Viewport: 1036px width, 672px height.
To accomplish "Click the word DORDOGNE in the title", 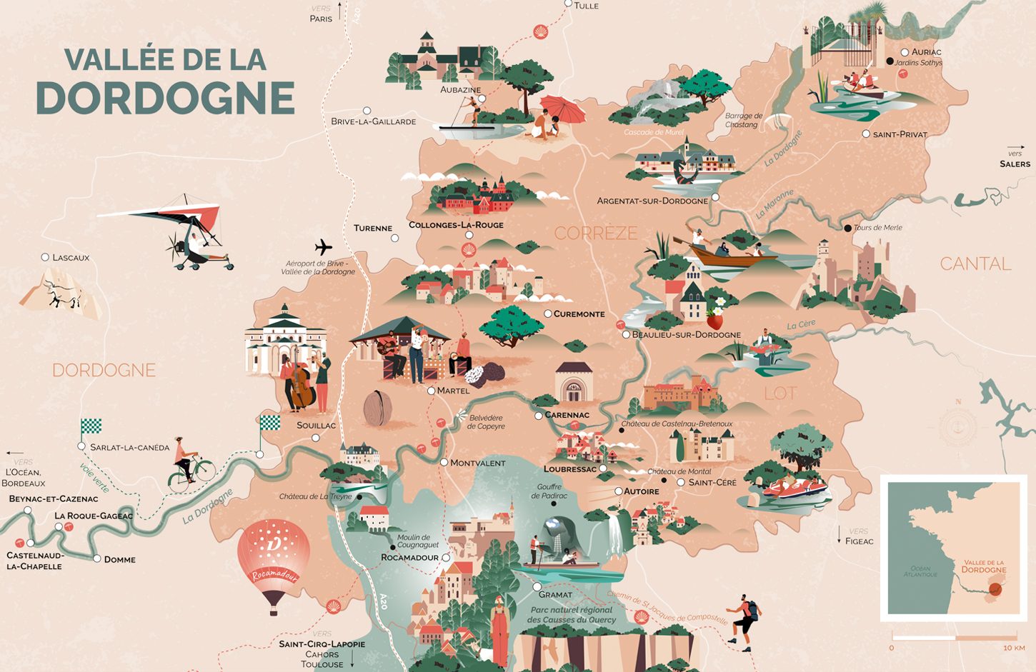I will coord(165,99).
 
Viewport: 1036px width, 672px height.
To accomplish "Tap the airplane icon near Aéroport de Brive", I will coord(323,247).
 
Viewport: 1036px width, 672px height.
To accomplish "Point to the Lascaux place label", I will coord(70,257).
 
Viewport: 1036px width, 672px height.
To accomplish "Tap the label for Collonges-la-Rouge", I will coord(456,225).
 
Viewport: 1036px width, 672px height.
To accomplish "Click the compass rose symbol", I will coord(957,427).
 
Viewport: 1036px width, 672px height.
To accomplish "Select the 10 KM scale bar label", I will coord(1014,648).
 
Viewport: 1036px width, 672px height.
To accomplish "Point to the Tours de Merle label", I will coord(877,228).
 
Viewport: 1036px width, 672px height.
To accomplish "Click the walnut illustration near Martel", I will coord(377,408).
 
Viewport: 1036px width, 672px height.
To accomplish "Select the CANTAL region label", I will coord(975,264).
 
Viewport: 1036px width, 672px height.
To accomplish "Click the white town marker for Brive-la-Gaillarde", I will coord(367,111).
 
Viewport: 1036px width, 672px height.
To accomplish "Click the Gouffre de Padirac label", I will coord(549,491).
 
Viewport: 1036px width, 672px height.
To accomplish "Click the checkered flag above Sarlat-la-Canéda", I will coord(91,426).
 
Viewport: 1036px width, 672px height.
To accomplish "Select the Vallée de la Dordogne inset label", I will coord(983,566).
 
